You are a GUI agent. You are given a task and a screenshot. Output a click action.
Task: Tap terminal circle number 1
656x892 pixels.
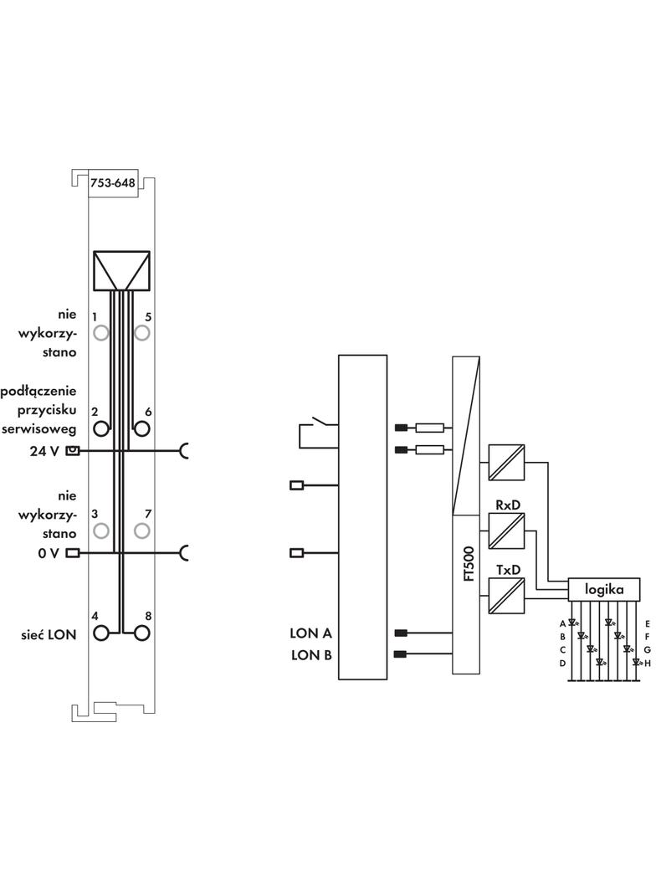101,333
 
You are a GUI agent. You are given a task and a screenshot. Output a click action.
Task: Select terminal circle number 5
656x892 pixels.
141,333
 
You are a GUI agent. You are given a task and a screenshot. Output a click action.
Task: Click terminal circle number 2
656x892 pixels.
101,429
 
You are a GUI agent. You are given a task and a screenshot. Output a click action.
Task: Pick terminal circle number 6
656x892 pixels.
141,429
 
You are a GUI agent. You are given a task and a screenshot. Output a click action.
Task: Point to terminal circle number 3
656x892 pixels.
101,531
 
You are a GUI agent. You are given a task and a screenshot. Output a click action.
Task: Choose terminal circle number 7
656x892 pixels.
141,531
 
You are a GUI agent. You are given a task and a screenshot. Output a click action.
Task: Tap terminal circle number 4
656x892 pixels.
101,633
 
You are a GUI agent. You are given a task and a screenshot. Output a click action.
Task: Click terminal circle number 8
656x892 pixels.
141,633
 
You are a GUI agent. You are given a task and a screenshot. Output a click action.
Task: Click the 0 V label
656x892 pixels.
49,552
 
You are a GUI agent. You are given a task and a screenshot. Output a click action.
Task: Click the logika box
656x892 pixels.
605,589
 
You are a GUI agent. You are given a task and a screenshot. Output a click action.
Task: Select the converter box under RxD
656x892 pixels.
505,531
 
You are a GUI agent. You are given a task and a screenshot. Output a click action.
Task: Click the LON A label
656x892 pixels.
311,633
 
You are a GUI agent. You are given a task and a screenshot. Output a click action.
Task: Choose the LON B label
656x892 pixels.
311,654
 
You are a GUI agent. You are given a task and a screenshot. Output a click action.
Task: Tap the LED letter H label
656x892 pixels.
647,663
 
